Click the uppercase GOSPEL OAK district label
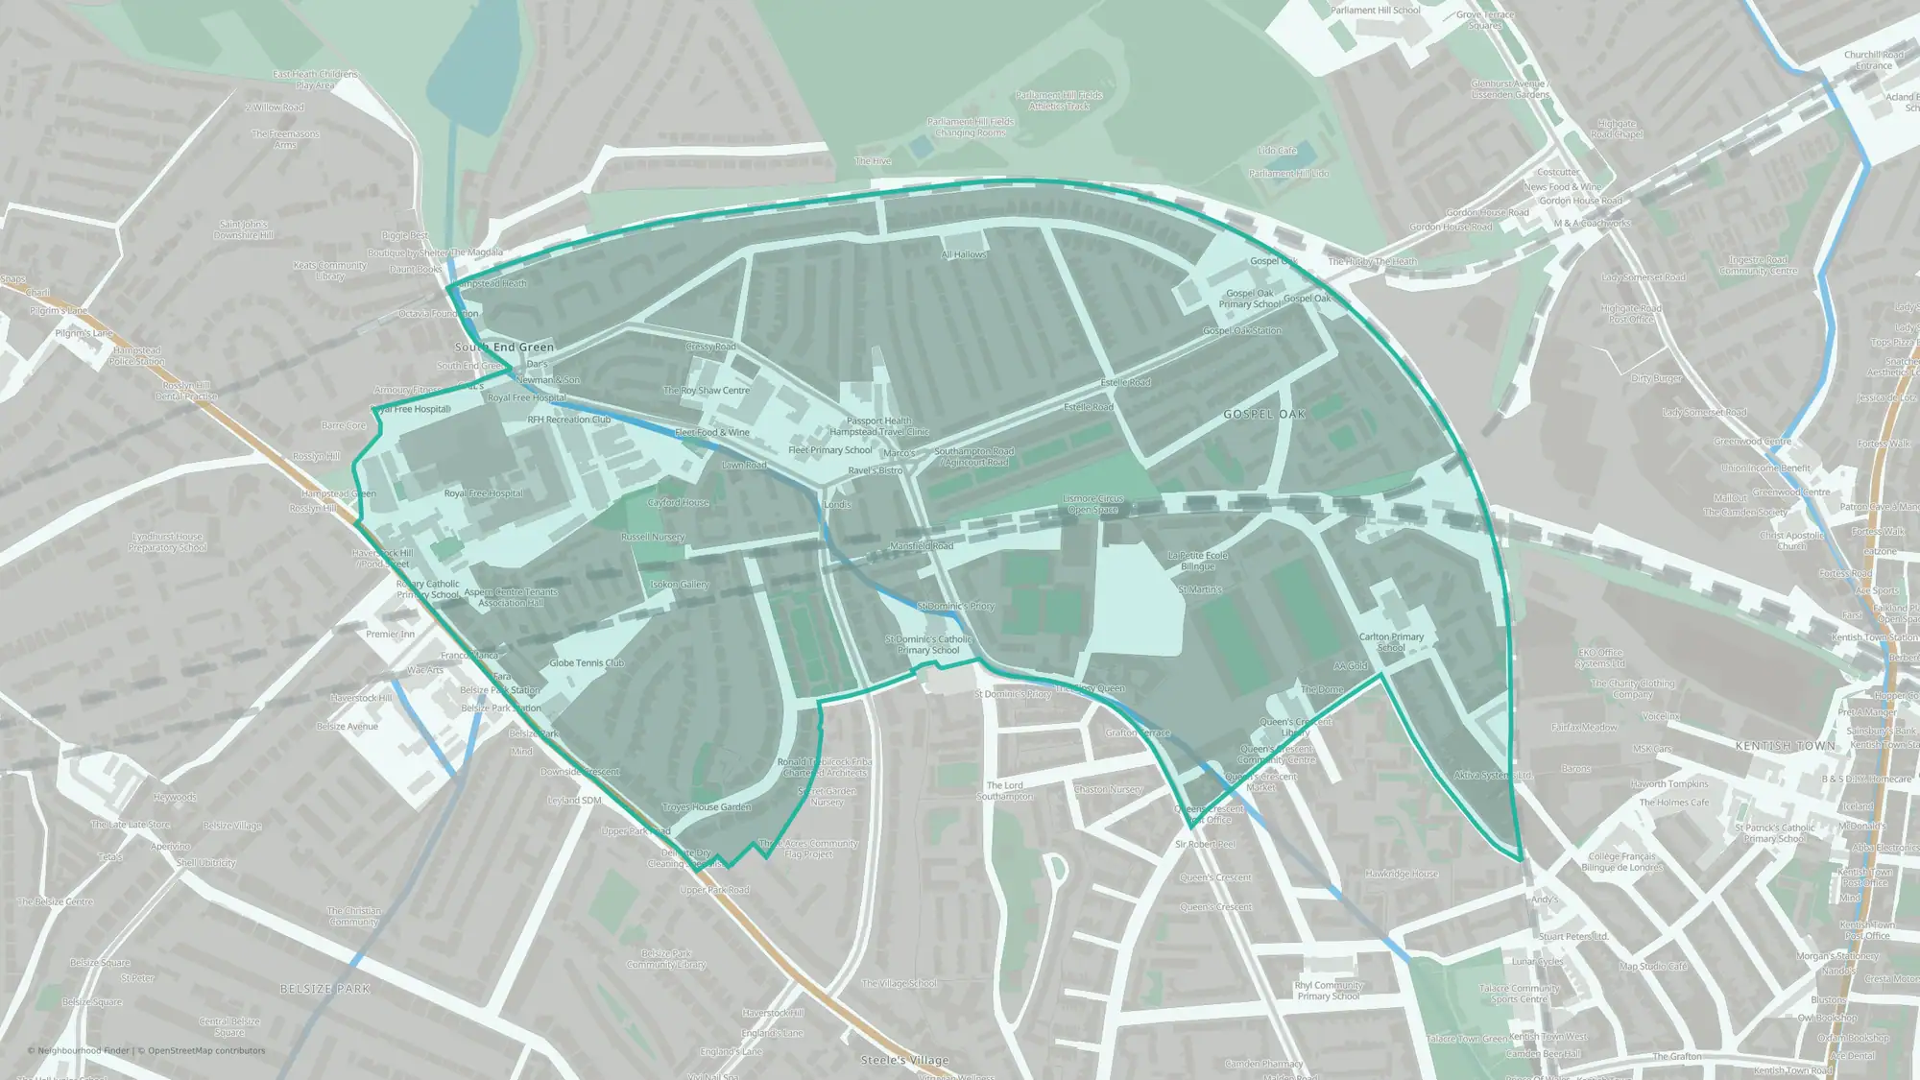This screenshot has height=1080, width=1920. pyautogui.click(x=1264, y=415)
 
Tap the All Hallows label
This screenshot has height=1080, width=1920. pyautogui.click(x=963, y=254)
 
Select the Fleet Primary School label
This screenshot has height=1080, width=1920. pyautogui.click(x=830, y=450)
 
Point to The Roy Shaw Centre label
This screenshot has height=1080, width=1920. pyautogui.click(x=707, y=391)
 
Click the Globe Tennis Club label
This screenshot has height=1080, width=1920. pyautogui.click(x=587, y=663)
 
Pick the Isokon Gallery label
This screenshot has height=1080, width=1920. pyautogui.click(x=680, y=585)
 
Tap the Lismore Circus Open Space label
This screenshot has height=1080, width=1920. pyautogui.click(x=1092, y=504)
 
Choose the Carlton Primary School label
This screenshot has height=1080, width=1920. pyautogui.click(x=1391, y=642)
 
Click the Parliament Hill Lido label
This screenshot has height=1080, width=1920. pyautogui.click(x=1288, y=174)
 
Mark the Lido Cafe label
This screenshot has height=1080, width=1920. pyautogui.click(x=1277, y=151)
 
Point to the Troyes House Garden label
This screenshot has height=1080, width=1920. pyautogui.click(x=707, y=807)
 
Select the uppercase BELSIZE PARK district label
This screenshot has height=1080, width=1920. pyautogui.click(x=324, y=989)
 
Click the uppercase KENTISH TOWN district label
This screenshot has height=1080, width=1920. pyautogui.click(x=1785, y=746)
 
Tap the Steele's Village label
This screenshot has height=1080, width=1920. pyautogui.click(x=904, y=1060)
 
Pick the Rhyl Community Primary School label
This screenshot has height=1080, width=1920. pyautogui.click(x=1329, y=991)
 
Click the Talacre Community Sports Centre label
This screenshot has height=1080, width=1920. pyautogui.click(x=1519, y=994)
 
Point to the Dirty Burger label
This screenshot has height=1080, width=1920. pyautogui.click(x=1656, y=378)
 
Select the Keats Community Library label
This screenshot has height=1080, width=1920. pyautogui.click(x=329, y=271)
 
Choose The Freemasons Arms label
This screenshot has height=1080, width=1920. pyautogui.click(x=285, y=139)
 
